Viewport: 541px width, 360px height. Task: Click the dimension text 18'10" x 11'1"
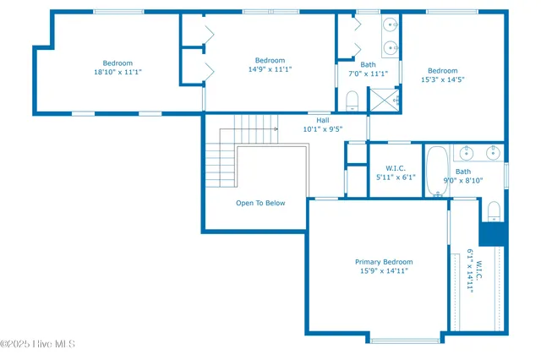coord(117,73)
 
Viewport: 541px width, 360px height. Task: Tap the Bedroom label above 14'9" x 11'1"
coord(270,60)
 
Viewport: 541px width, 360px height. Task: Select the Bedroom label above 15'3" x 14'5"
coord(442,71)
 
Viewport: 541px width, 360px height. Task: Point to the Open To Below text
coord(260,203)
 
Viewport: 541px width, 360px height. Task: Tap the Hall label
coord(323,120)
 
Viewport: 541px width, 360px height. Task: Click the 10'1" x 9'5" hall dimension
coord(323,130)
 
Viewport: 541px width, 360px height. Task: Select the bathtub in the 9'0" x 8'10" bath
coord(437,169)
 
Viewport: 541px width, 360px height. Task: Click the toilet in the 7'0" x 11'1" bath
coord(352,102)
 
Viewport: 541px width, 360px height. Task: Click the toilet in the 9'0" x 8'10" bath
coord(495,210)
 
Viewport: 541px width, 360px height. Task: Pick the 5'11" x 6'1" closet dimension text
coord(396,177)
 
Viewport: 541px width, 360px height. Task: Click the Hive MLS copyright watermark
coord(38,344)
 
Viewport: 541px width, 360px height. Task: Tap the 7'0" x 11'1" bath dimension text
coord(368,74)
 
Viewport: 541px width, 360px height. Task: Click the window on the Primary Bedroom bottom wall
coord(406,340)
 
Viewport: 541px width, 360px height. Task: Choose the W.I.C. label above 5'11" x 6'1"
coord(396,168)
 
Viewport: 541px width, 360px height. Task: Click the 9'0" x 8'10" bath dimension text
coord(463,180)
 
